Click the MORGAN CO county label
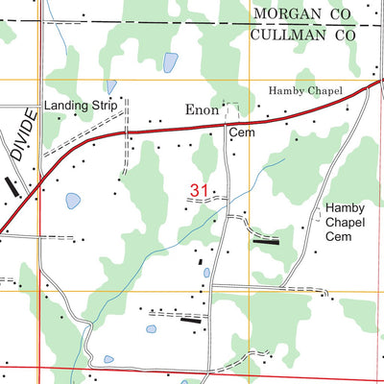[303, 13]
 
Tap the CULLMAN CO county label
[303, 35]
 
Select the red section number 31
[200, 192]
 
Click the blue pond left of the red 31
[72, 202]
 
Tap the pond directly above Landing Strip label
[112, 86]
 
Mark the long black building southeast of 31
[266, 242]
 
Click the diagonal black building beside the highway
[12, 186]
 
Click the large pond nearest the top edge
[170, 63]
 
